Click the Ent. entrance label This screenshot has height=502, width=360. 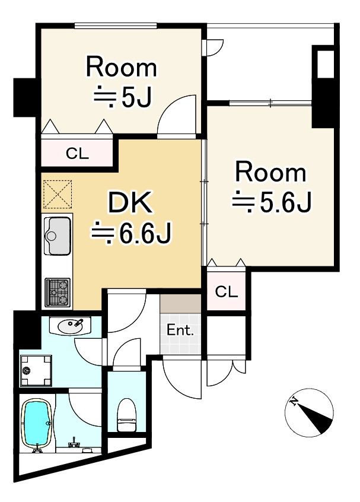tap(180, 330)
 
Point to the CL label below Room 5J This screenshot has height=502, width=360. tap(77, 154)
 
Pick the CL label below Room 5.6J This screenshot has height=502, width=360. tap(226, 292)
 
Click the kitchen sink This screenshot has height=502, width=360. tap(58, 236)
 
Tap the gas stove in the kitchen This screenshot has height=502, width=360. tap(58, 293)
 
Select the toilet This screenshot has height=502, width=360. tap(127, 415)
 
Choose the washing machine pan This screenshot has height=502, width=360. tap(36, 370)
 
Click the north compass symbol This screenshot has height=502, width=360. tap(309, 412)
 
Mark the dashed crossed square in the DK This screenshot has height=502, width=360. tap(58, 195)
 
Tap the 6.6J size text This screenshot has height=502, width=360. tap(132, 233)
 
